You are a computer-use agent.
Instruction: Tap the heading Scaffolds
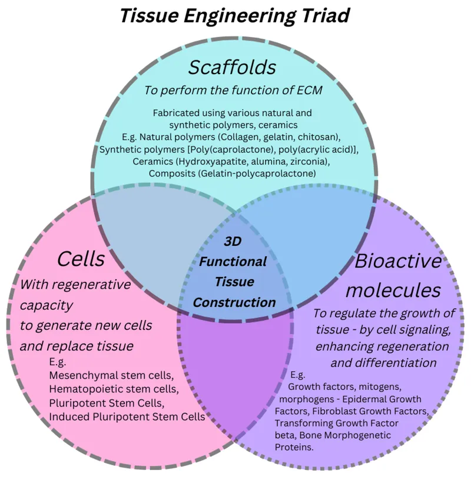pyautogui.click(x=232, y=67)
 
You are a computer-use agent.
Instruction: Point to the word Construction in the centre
pyautogui.click(x=234, y=302)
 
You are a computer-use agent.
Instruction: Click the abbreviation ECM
pyautogui.click(x=309, y=91)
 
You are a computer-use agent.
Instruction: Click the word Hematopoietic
pyautogui.click(x=82, y=390)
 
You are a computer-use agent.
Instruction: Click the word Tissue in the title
pyautogui.click(x=149, y=15)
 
